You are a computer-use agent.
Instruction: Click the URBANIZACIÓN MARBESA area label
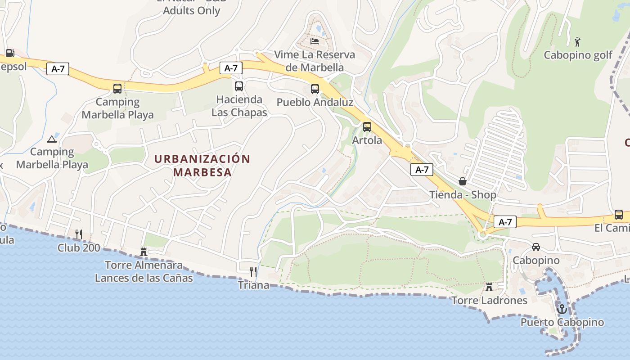click(x=202, y=166)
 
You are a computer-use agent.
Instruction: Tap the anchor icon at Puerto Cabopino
click(x=562, y=309)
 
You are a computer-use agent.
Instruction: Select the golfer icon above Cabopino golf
click(x=577, y=42)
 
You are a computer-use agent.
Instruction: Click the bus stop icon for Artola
click(x=367, y=127)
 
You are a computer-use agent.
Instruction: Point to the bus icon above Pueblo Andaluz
click(x=315, y=89)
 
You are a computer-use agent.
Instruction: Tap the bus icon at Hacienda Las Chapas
click(x=239, y=86)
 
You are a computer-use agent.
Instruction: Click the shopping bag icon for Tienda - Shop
click(x=462, y=181)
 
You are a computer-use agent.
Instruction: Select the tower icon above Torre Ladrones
click(x=489, y=287)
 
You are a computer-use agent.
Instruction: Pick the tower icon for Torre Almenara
click(x=144, y=252)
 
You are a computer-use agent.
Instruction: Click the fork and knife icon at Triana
click(x=253, y=271)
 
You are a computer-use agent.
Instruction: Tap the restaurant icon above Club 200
click(x=79, y=234)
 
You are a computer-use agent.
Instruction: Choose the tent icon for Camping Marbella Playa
click(x=52, y=139)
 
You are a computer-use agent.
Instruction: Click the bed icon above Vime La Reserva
click(x=315, y=41)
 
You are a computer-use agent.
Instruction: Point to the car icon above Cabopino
click(x=536, y=247)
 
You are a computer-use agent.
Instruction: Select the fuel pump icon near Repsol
click(x=10, y=53)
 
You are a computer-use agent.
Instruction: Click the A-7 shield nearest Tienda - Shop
click(x=422, y=170)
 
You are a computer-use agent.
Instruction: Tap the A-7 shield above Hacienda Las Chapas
click(x=231, y=68)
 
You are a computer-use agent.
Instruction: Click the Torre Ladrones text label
click(x=489, y=301)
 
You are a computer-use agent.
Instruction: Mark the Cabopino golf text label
click(x=578, y=55)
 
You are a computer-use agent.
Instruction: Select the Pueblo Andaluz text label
click(x=315, y=103)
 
